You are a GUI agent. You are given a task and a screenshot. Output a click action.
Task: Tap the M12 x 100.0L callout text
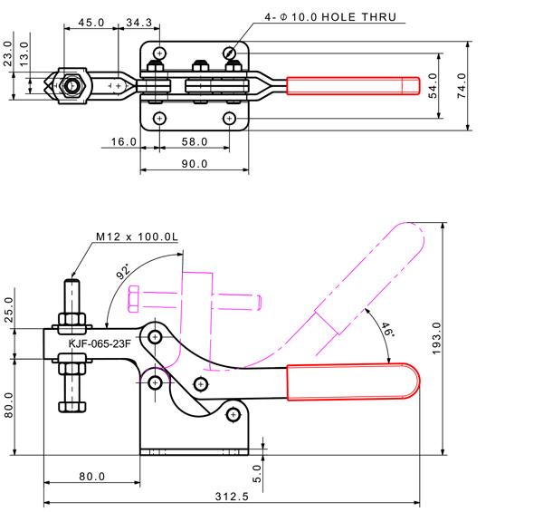(x=138, y=237)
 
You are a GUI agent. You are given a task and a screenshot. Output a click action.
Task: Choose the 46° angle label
(x=386, y=331)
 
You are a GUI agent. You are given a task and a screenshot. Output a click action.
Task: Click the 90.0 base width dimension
(x=194, y=164)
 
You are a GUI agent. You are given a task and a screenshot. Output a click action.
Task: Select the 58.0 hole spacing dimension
(x=194, y=141)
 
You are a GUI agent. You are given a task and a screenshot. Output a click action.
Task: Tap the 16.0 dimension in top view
(x=124, y=141)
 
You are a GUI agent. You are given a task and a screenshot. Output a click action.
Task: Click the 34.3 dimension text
(x=138, y=21)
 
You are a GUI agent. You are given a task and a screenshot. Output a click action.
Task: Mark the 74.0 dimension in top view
(x=461, y=85)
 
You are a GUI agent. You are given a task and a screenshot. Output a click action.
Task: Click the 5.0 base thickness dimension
(x=256, y=472)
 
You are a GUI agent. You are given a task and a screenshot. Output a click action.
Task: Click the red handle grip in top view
(x=353, y=85)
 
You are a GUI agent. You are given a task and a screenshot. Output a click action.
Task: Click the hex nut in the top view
(x=70, y=86)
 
